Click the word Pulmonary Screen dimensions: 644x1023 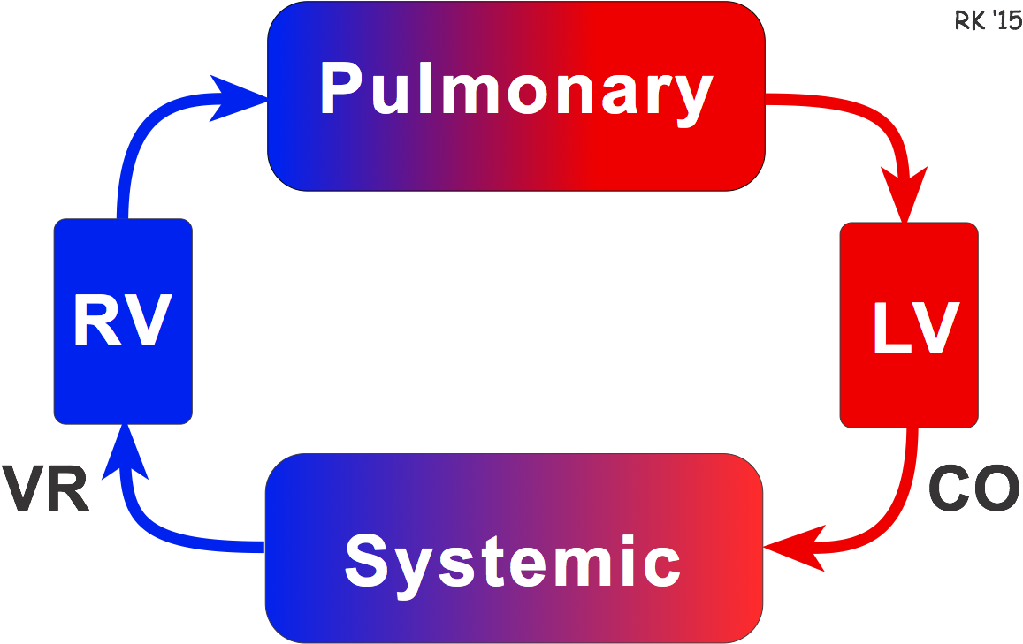pyautogui.click(x=515, y=90)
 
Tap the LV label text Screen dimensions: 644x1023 pyautogui.click(x=915, y=329)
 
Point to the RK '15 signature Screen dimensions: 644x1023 pyautogui.click(x=987, y=20)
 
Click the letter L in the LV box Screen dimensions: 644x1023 pyautogui.click(x=889, y=329)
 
